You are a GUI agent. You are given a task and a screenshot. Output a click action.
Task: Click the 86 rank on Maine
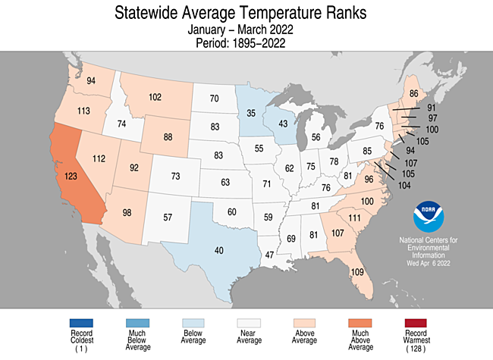[414, 94]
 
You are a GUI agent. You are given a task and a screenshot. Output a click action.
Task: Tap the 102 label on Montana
[155, 97]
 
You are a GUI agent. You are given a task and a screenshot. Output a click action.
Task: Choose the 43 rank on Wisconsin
[283, 124]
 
